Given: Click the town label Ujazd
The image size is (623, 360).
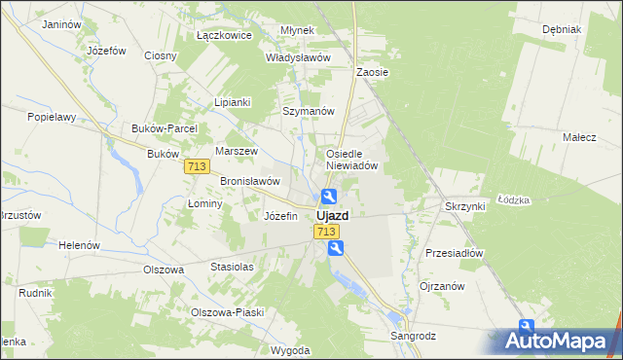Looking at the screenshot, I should (332, 215).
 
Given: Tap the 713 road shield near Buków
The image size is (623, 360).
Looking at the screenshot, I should (197, 167).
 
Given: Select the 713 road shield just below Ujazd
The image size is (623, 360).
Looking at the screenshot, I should (326, 232).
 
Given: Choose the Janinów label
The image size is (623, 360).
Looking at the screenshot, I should (62, 23).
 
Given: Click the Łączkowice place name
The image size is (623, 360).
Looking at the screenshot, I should (224, 35).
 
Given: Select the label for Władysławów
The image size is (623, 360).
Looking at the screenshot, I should (299, 57).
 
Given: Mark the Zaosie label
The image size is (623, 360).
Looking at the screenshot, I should (373, 72).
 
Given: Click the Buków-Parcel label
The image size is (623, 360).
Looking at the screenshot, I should (165, 128).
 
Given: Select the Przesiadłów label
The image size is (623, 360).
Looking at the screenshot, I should (455, 253).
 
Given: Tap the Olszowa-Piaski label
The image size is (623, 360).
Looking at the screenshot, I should (228, 312).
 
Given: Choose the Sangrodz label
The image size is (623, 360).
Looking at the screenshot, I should (414, 336).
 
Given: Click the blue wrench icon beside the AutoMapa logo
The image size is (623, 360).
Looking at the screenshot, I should (527, 328).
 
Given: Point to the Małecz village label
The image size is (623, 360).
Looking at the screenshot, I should (579, 137).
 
